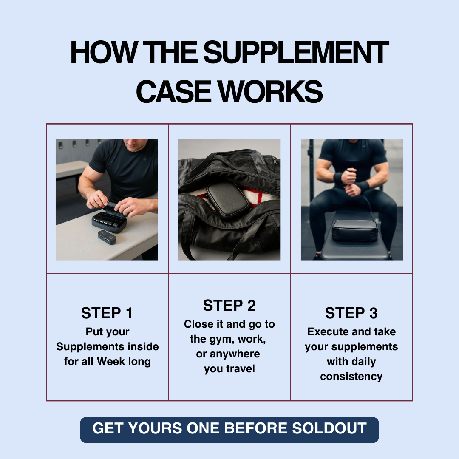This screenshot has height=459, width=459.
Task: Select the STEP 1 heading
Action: point(107,313)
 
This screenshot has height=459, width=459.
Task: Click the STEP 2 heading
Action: point(229,306)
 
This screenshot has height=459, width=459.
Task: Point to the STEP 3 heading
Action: point(351,313)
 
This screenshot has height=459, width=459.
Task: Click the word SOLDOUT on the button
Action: point(329,428)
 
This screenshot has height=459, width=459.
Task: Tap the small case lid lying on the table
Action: point(107,237)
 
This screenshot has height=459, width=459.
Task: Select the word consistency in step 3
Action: point(351,377)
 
